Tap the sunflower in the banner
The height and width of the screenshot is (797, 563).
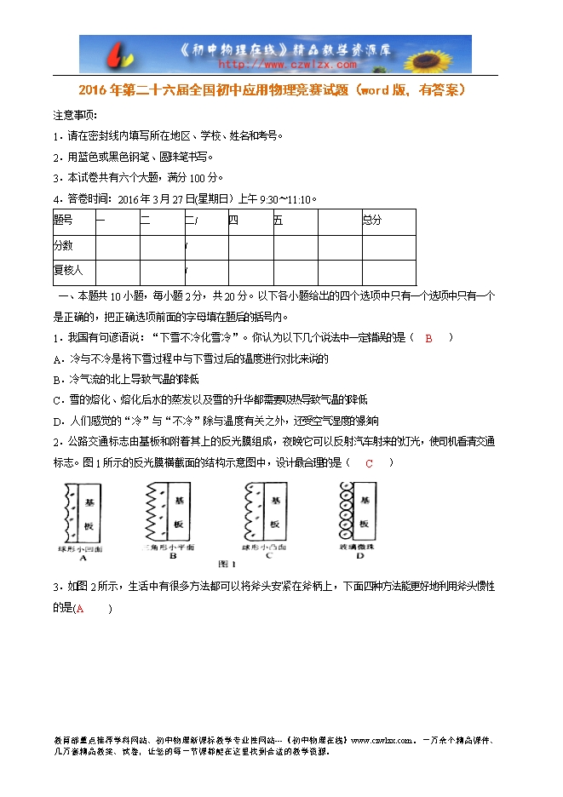[x=445, y=54]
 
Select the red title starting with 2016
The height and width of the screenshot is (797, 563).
[x=272, y=89]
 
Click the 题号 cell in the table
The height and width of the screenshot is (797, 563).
[x=64, y=221]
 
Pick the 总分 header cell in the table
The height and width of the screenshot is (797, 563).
[x=372, y=221]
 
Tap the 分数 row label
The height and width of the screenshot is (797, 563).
[x=64, y=245]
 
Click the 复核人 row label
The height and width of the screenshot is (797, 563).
[x=68, y=270]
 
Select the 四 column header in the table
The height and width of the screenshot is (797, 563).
[x=233, y=221]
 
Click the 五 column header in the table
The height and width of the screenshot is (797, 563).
[x=279, y=221]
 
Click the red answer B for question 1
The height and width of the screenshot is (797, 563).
[x=429, y=338]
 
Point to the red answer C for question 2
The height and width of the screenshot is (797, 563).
[x=369, y=463]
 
